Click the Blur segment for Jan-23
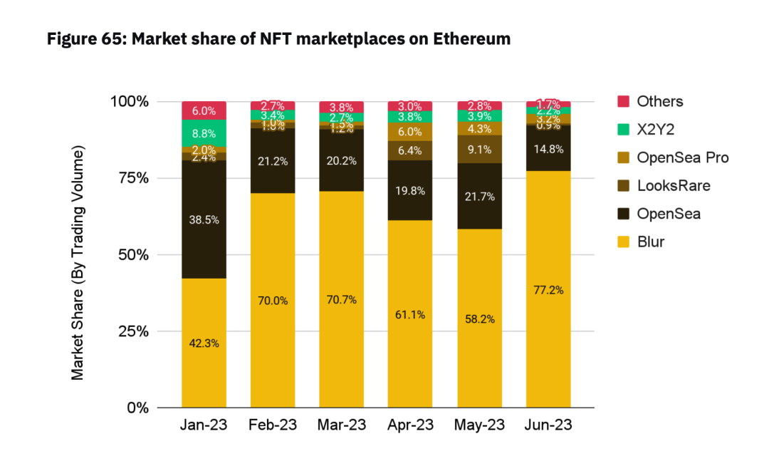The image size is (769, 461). pos(204,343)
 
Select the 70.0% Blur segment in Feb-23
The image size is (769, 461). pos(273,301)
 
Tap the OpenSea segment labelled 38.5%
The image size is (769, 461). pos(204,219)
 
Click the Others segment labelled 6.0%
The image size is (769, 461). pos(204,110)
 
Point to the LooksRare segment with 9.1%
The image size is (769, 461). pos(478,150)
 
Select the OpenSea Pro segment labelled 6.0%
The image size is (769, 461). pos(409,132)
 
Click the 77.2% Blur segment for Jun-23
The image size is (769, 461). pos(548,289)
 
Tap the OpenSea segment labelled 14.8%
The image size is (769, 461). pos(548,148)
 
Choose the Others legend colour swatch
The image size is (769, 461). pos(623,101)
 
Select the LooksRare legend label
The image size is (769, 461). pos(673,186)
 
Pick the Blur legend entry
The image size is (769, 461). pos(652,242)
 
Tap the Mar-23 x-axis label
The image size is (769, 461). pos(341,425)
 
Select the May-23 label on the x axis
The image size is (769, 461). pos(478,425)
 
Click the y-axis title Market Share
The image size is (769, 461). pos(78,263)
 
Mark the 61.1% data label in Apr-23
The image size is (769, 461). pos(409,314)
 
